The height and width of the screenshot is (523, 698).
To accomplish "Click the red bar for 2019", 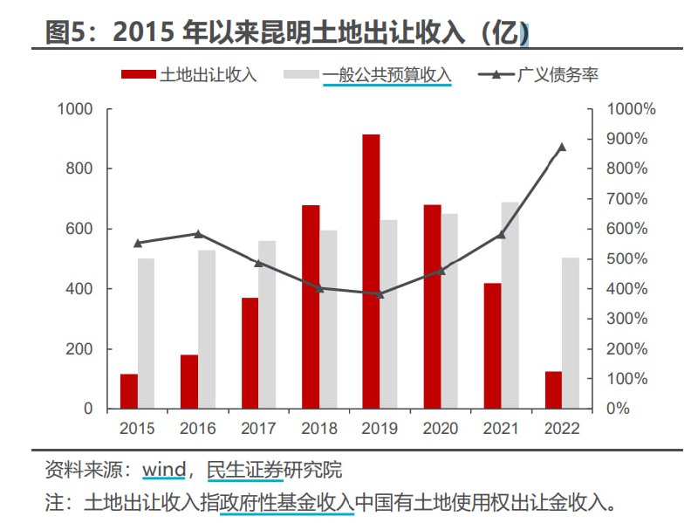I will tap(371, 272).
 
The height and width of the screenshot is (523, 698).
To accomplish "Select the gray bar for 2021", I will tap(510, 306).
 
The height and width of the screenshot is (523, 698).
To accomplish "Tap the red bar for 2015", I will tap(129, 391).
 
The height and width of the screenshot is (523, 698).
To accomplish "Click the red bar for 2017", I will tap(250, 353).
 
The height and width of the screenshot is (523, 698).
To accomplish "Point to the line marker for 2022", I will tap(561, 147).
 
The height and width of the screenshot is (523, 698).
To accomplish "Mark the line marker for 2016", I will tap(198, 233).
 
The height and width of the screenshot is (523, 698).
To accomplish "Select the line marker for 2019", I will tap(380, 294).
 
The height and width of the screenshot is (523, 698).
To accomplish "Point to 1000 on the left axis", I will tap(75, 109).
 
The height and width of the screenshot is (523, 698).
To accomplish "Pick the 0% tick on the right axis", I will tap(618, 409).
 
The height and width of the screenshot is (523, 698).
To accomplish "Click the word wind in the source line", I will tap(164, 470).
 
